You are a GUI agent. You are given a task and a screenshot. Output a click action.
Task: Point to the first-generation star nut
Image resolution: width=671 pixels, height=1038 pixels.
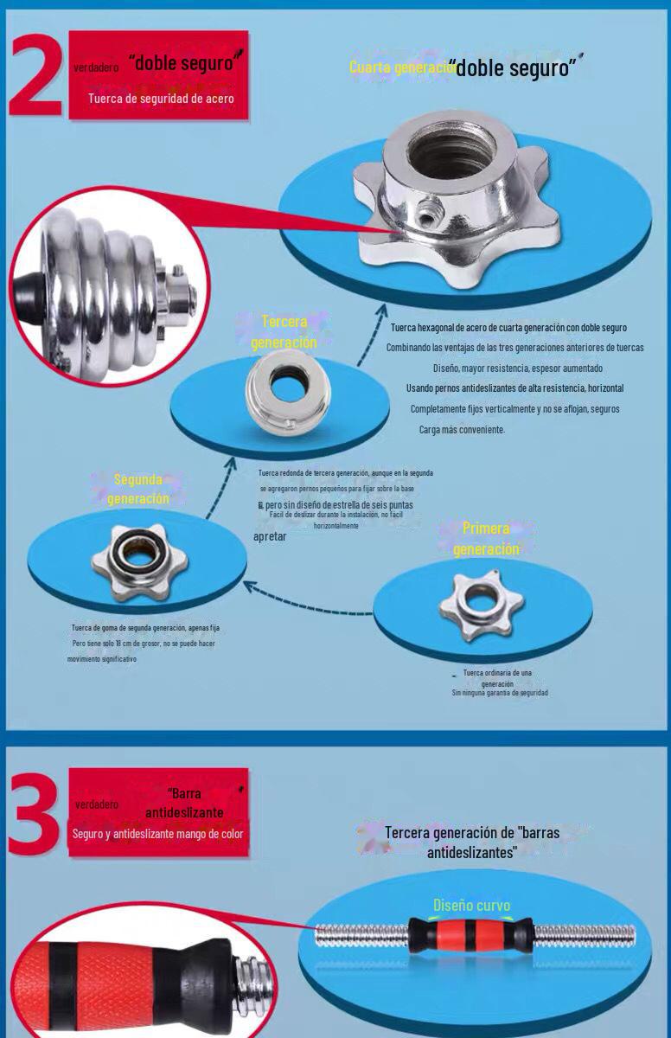(481, 606)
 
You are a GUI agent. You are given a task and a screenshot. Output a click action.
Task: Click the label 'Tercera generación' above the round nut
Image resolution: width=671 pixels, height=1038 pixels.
(284, 332)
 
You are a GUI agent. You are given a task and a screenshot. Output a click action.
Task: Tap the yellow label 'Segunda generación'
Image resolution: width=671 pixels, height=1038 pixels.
(138, 489)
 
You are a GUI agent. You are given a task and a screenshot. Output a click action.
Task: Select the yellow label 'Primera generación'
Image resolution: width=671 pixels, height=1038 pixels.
(486, 538)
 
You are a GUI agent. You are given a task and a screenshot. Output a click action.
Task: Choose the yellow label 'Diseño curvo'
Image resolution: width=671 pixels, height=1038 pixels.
(471, 906)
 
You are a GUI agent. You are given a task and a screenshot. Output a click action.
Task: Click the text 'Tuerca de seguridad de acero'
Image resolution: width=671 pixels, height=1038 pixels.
(160, 99)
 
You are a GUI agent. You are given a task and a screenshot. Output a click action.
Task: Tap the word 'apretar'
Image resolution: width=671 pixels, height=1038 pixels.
(270, 536)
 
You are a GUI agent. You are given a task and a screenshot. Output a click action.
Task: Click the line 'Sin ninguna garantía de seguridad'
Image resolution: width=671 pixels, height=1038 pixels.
(500, 693)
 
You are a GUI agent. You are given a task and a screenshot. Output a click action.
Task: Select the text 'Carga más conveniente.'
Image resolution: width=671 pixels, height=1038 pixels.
(462, 429)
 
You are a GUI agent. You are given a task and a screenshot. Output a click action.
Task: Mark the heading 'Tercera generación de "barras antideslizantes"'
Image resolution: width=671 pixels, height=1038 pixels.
(472, 842)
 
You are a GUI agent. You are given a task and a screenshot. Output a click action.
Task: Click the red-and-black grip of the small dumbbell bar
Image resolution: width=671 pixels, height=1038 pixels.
(471, 935)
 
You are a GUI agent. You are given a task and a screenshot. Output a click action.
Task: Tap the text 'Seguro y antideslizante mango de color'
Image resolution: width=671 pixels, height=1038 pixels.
(158, 834)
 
